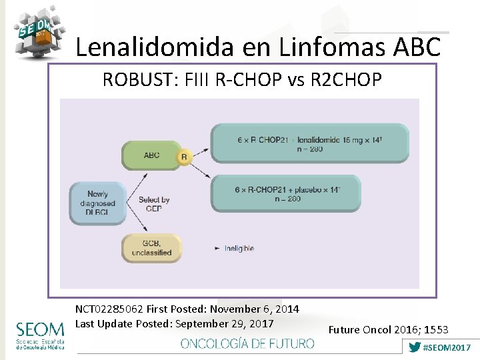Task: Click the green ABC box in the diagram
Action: (x=151, y=155)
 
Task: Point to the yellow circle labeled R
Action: (x=184, y=157)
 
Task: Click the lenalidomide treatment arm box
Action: (x=309, y=143)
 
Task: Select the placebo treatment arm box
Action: (x=285, y=193)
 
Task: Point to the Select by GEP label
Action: (x=154, y=203)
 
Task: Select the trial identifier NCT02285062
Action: (x=109, y=309)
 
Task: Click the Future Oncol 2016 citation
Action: (x=389, y=329)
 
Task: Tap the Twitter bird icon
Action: (x=415, y=347)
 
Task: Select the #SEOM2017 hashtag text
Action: (x=447, y=347)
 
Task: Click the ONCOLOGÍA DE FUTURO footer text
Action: (x=247, y=343)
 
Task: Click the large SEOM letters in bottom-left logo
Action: (x=41, y=329)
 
